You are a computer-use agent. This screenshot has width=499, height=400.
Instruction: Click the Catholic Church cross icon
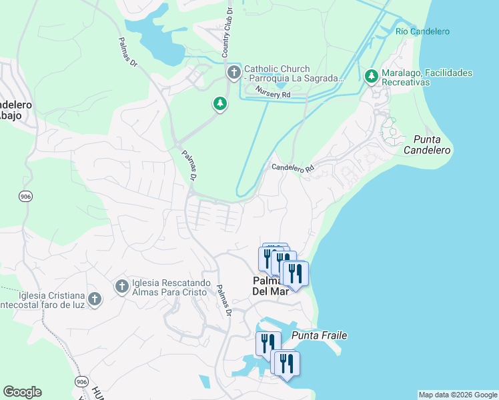point(233,73)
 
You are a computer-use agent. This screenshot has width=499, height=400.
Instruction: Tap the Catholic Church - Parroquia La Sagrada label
point(294,73)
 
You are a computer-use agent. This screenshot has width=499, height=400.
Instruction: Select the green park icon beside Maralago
point(372,77)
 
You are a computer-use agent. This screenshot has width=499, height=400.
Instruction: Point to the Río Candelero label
point(422,31)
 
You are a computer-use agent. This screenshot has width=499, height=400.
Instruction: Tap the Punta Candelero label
point(427,145)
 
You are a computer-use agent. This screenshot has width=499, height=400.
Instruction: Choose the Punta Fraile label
point(319,335)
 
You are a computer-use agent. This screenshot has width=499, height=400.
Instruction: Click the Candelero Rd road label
point(292,168)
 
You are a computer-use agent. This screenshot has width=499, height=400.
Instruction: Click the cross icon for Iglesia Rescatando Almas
point(121,286)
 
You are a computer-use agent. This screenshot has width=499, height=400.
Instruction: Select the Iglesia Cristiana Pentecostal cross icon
point(95,298)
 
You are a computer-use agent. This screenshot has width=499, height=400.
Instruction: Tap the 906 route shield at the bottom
point(81,381)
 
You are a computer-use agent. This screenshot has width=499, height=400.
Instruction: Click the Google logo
point(22,392)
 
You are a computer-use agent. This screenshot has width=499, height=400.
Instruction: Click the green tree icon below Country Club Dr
point(219,103)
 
